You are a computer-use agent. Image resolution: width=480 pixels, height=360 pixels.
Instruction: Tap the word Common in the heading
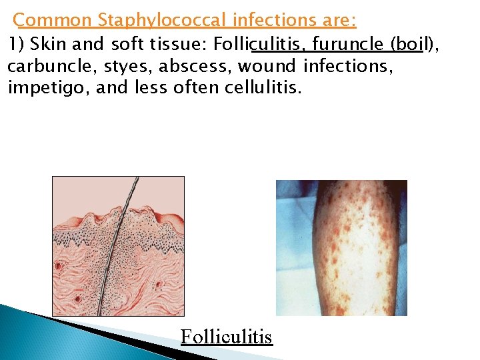pyautogui.click(x=53, y=20)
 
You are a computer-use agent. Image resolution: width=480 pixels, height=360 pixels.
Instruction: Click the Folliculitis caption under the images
pyautogui.click(x=226, y=337)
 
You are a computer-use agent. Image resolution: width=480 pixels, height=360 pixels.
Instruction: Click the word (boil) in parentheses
pyautogui.click(x=413, y=45)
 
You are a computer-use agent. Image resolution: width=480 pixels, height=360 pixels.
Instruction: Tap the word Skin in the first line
pyautogui.click(x=46, y=45)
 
